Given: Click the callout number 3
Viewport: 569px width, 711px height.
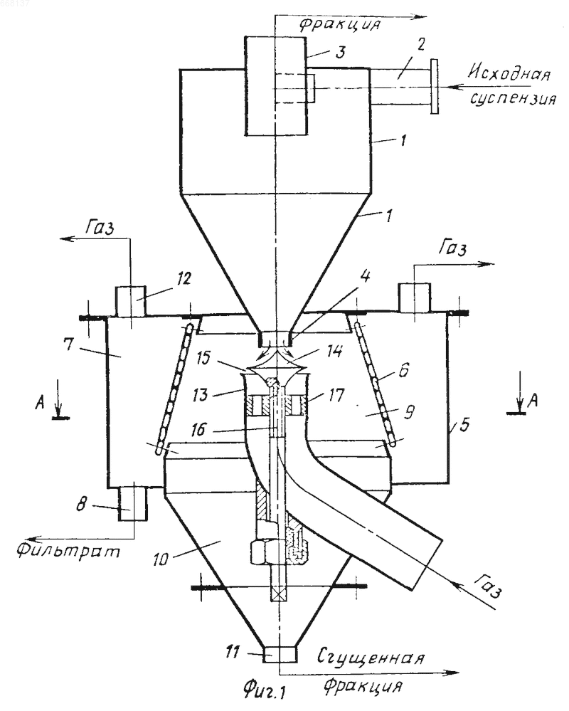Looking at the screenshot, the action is point(340,52).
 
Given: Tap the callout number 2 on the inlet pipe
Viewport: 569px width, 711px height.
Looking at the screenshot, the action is point(421,45).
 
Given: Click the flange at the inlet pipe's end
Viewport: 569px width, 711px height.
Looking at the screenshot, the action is point(435,86).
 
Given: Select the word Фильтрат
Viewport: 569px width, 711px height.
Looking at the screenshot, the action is point(69,550).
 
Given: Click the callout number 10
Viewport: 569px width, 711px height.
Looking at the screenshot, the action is point(159,559).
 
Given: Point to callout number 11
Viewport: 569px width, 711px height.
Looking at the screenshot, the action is point(232,653).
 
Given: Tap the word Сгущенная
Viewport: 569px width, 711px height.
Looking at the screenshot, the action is point(371,658).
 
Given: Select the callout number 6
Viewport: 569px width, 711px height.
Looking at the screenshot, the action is point(403,371).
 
